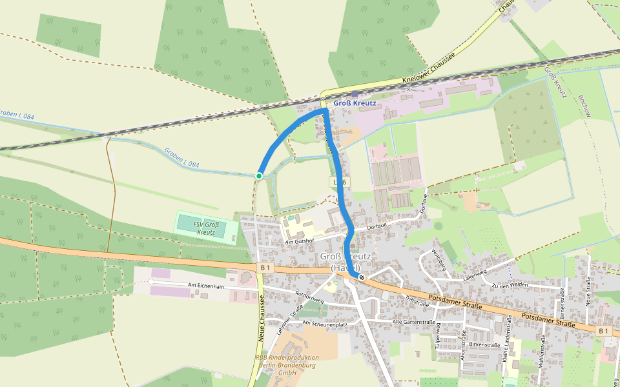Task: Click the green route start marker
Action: coord(259,175)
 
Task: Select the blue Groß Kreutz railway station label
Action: coord(355,103)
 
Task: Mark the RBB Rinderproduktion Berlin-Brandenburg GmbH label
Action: coord(287,365)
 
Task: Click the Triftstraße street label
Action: coord(417,301)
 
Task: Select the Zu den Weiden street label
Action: coord(510,285)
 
